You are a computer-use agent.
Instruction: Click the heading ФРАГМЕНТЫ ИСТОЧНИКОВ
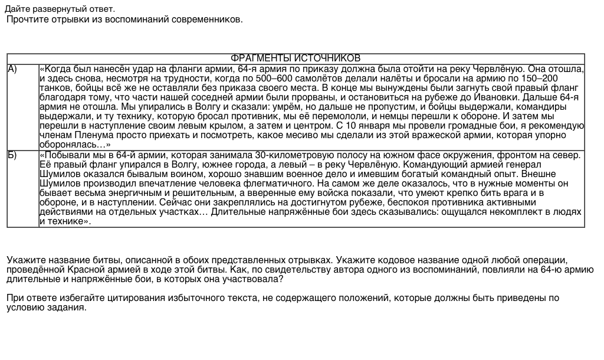[295, 58]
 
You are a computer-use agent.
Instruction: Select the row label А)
[12, 69]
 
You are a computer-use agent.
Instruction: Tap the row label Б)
[12, 155]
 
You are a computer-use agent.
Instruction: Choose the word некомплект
[494, 212]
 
